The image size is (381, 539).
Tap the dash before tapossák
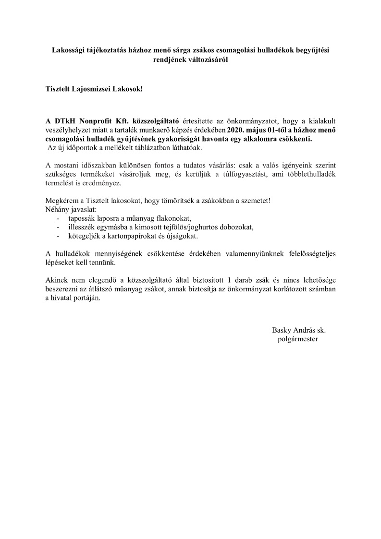(x=59, y=218)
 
